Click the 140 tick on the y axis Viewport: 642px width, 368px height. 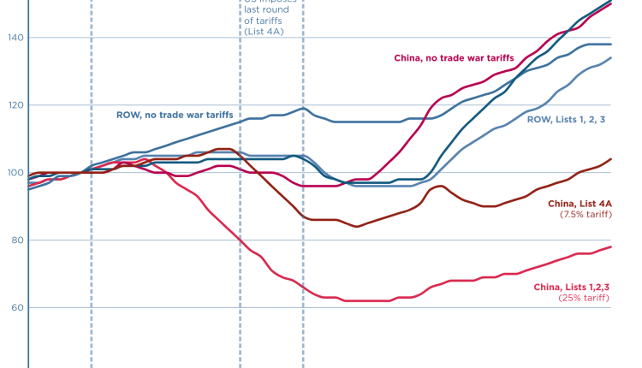pyautogui.click(x=14, y=38)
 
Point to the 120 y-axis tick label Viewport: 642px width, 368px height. pyautogui.click(x=14, y=105)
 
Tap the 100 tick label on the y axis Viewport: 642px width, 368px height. pyautogui.click(x=14, y=173)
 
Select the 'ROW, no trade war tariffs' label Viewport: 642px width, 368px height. pyautogui.click(x=175, y=114)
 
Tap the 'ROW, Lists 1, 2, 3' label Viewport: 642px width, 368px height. pyautogui.click(x=567, y=119)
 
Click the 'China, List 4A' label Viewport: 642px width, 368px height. pyautogui.click(x=579, y=203)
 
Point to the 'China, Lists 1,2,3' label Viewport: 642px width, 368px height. pyautogui.click(x=571, y=287)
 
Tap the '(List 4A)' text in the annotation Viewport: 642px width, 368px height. pyautogui.click(x=263, y=32)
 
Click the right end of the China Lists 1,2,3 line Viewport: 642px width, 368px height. pyautogui.click(x=610, y=247)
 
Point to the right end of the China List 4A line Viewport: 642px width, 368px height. pyautogui.click(x=610, y=159)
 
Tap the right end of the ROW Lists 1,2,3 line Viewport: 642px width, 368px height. pyautogui.click(x=610, y=58)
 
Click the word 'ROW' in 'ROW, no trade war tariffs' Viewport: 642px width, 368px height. pyautogui.click(x=128, y=114)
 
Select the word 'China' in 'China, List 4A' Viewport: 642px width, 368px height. pyautogui.click(x=561, y=203)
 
